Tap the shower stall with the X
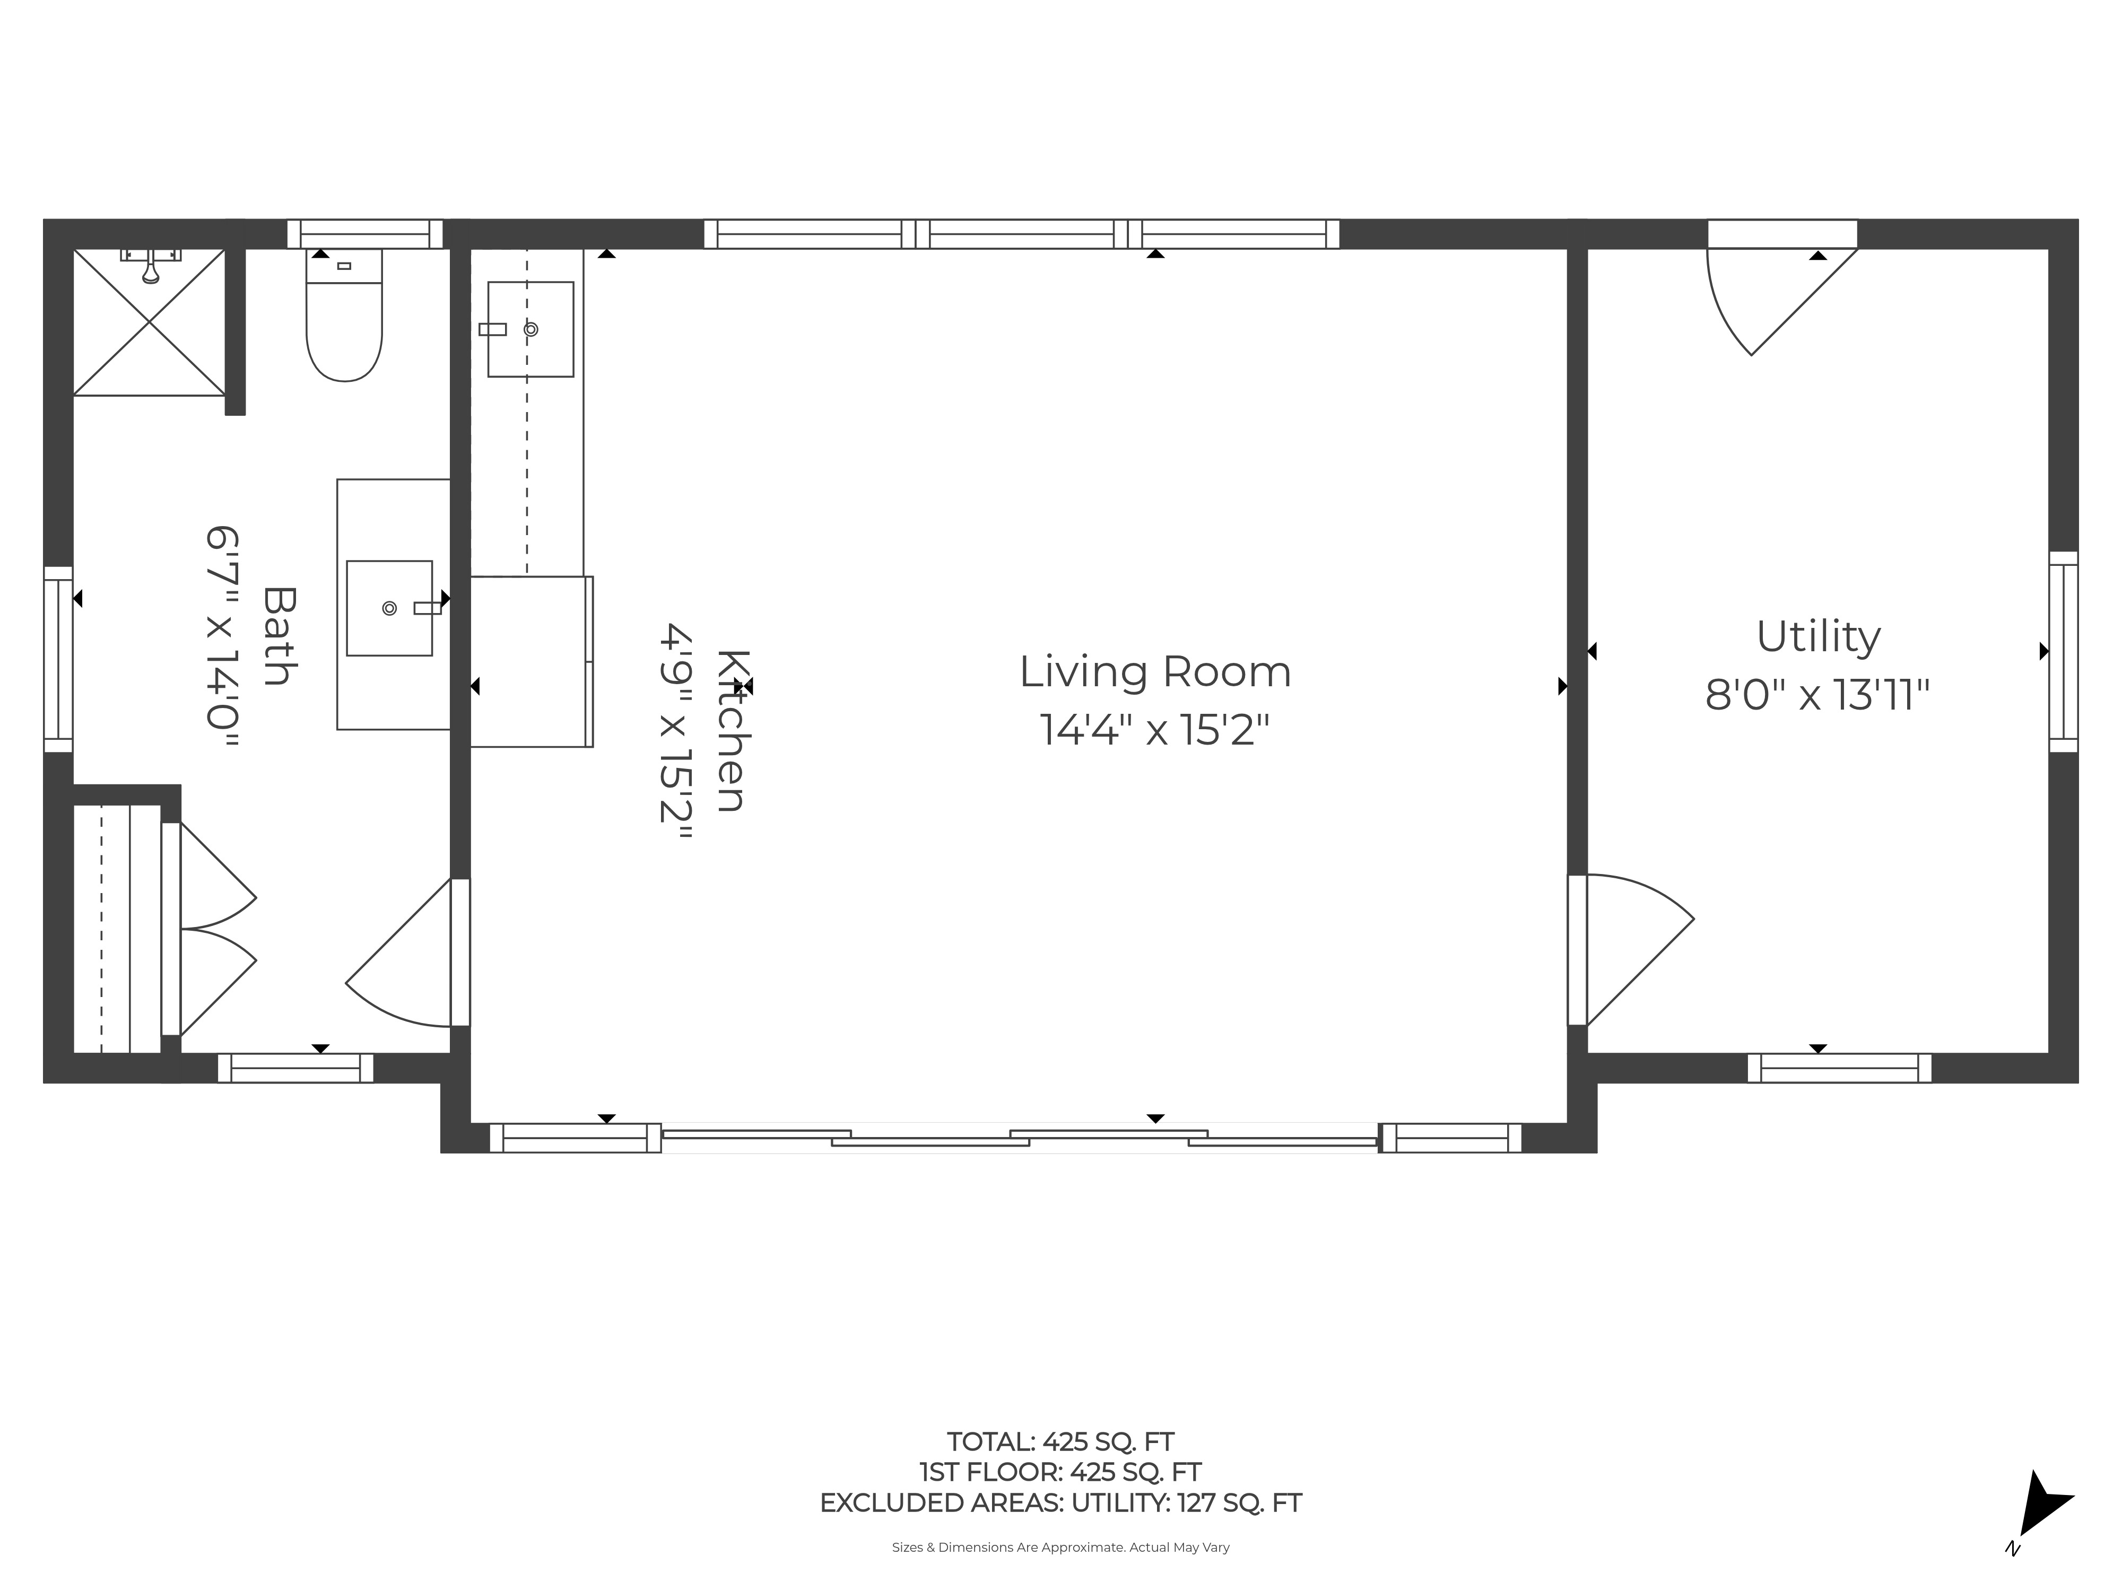click(150, 322)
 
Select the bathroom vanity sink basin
click(389, 608)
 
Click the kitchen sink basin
click(530, 329)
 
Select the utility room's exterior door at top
click(1781, 287)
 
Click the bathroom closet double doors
click(211, 928)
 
